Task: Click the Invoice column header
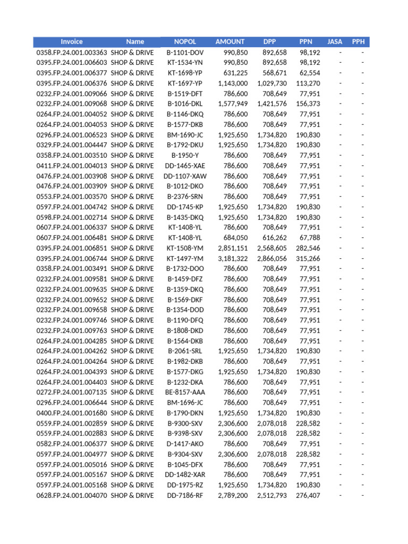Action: tap(72, 41)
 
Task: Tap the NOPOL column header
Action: tap(185, 41)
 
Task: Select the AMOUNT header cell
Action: tap(230, 41)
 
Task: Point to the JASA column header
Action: tap(335, 41)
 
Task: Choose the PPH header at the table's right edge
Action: tap(358, 41)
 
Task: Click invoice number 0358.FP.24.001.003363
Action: tap(72, 53)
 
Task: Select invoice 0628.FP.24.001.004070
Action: tap(72, 495)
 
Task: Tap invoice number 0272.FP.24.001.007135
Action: tap(72, 392)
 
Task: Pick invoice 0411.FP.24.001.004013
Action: tap(72, 166)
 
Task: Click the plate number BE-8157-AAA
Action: tap(185, 392)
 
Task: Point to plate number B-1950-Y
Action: tap(185, 155)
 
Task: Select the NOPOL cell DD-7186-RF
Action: tap(185, 495)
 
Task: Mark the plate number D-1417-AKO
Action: tap(185, 444)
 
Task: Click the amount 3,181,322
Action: tap(233, 258)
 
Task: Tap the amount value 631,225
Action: tap(235, 73)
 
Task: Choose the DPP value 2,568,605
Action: tap(272, 248)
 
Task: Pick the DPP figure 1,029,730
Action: tap(272, 83)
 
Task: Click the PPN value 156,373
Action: tap(308, 104)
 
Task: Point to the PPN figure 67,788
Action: tap(310, 237)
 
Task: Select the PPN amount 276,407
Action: tap(308, 495)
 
